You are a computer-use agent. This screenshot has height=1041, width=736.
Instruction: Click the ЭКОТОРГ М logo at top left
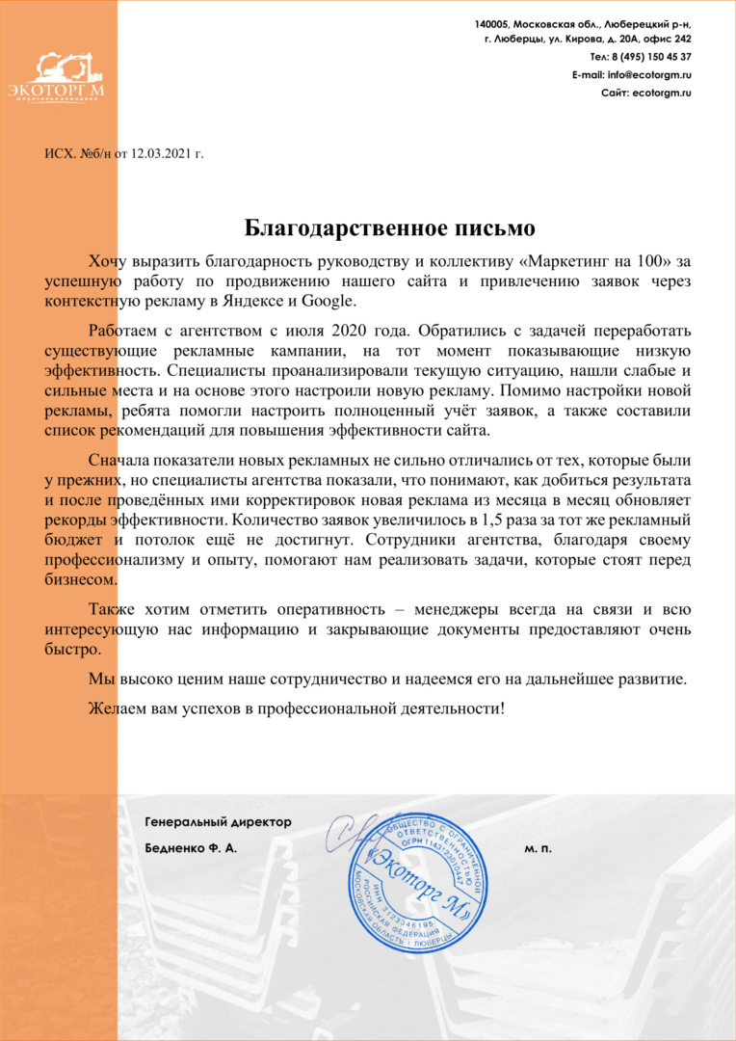[x=69, y=78]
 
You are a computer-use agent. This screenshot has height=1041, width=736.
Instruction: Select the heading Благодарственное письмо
[x=388, y=228]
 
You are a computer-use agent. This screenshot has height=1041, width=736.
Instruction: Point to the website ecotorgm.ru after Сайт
[x=662, y=93]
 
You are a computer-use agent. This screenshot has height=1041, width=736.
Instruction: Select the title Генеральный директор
[x=217, y=822]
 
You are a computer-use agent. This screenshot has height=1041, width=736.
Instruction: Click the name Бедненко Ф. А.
[x=189, y=849]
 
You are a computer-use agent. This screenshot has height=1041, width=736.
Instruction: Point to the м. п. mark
[x=539, y=849]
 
